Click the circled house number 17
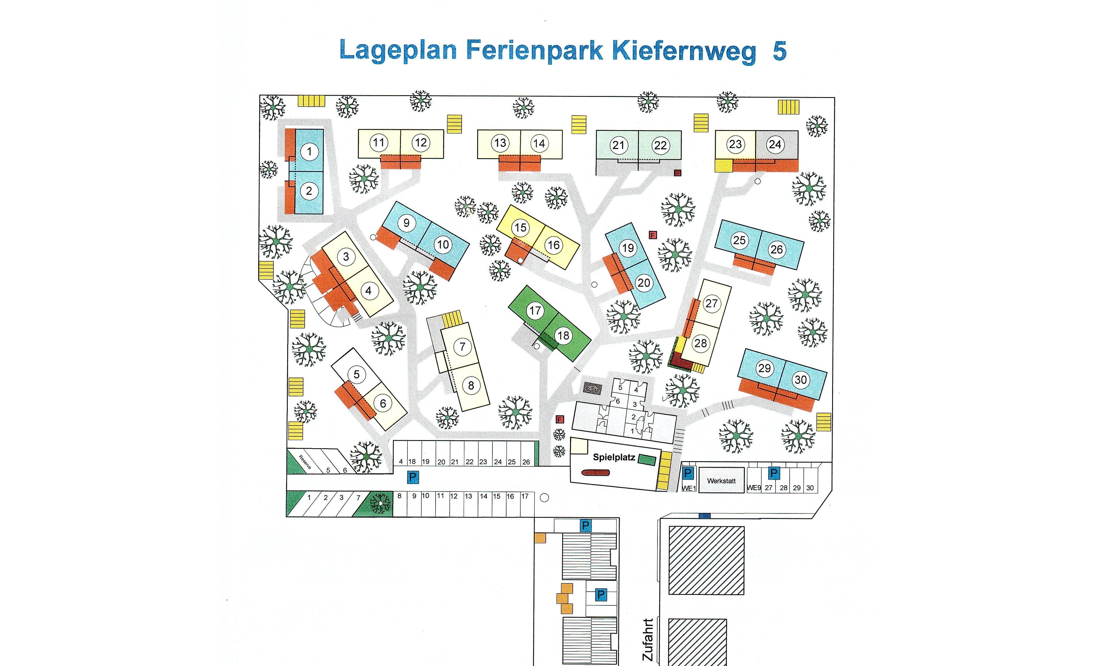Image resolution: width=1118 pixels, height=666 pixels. (x=535, y=311)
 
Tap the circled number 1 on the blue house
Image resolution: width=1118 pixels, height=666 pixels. (x=309, y=151)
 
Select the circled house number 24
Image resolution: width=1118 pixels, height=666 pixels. (x=775, y=144)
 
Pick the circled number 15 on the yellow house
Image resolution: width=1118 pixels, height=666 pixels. (x=520, y=228)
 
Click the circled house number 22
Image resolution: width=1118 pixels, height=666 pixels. (x=661, y=146)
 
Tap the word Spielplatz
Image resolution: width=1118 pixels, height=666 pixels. (x=614, y=457)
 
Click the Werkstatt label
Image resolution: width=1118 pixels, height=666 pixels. (x=721, y=481)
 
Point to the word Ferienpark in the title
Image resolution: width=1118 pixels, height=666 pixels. (x=534, y=50)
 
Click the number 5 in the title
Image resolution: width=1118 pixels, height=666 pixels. (x=779, y=51)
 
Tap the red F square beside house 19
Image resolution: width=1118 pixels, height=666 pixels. (x=653, y=235)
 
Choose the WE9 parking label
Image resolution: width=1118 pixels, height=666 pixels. (x=754, y=488)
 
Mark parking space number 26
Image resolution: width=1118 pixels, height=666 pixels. (x=526, y=462)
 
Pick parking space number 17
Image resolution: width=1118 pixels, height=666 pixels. (x=524, y=496)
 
